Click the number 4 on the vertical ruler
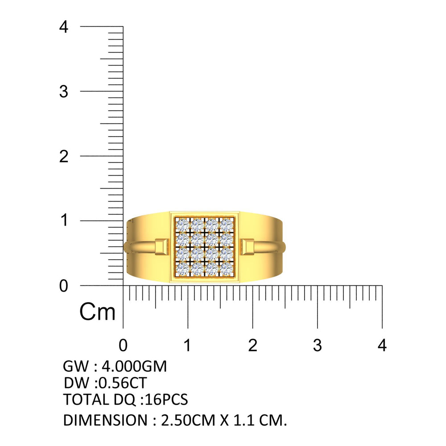point(64,27)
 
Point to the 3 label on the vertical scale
point(64,91)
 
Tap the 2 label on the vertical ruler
point(64,157)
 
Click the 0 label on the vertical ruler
point(64,286)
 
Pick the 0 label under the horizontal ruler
point(123,345)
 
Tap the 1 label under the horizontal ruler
point(187,345)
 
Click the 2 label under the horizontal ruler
point(252,345)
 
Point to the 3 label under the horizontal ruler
point(318,345)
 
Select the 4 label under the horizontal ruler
point(382,345)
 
